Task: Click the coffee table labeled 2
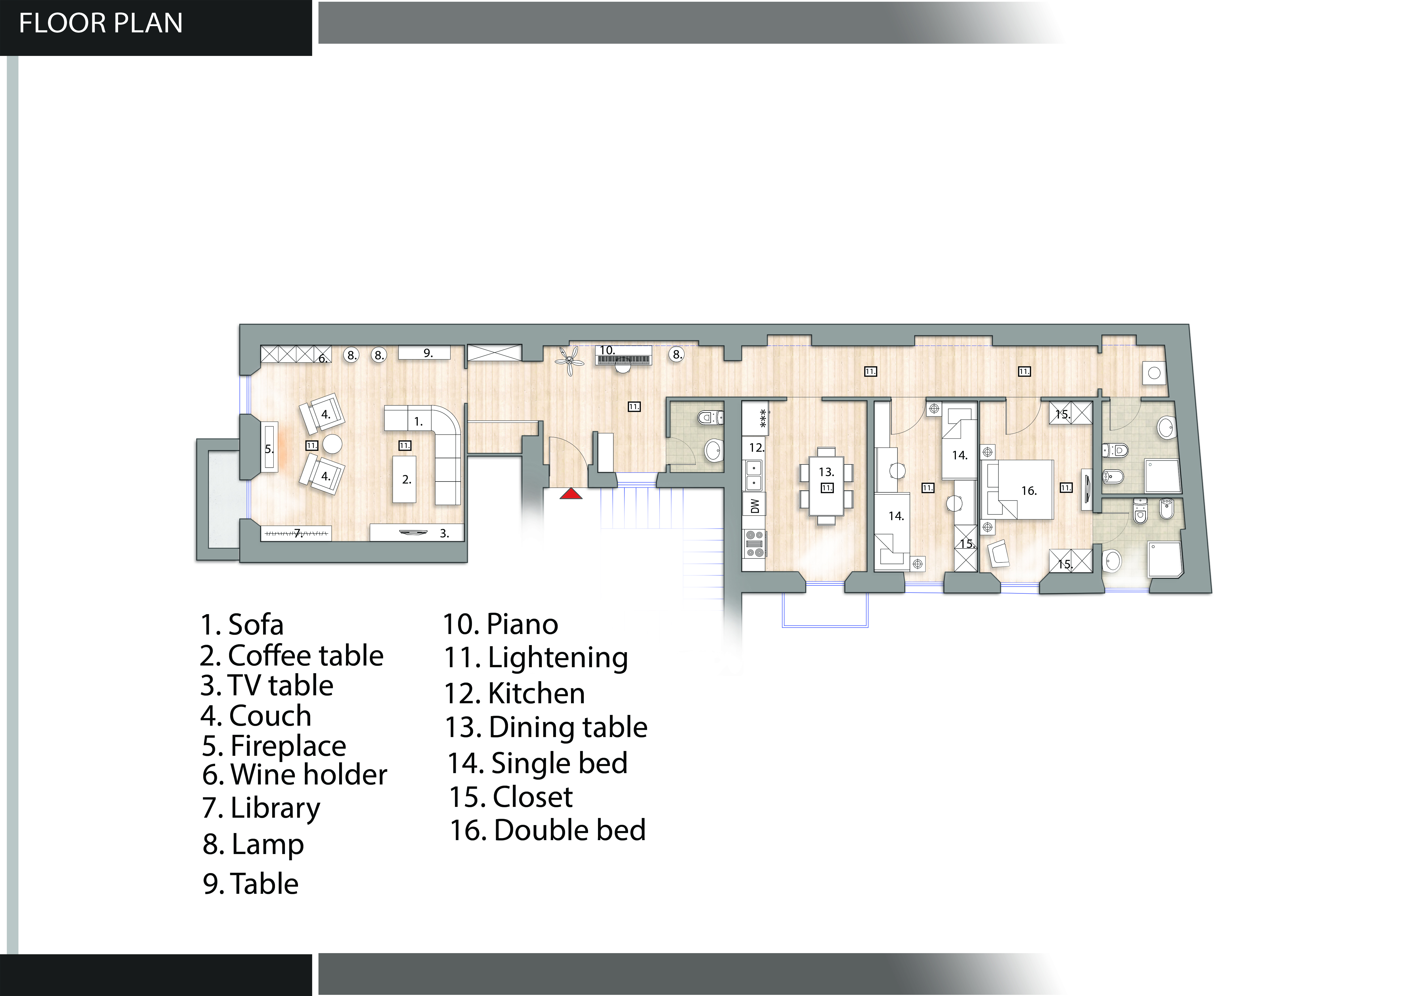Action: pyautogui.click(x=405, y=479)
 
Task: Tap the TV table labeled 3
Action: pyautogui.click(x=416, y=532)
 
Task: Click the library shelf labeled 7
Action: pyautogui.click(x=296, y=533)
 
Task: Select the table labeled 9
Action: pyautogui.click(x=424, y=353)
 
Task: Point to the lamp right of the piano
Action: pyautogui.click(x=676, y=355)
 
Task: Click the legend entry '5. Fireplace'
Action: pyautogui.click(x=274, y=746)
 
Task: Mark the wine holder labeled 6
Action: pyautogui.click(x=296, y=354)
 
